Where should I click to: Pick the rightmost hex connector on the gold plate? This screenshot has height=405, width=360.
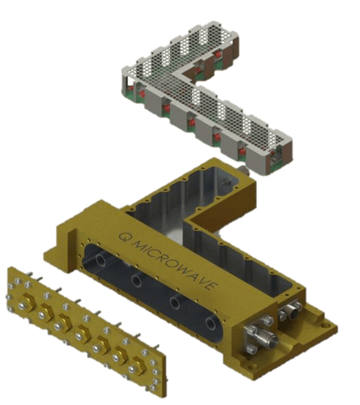pyautogui.click(x=135, y=364)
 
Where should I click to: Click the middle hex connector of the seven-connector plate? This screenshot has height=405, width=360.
pyautogui.click(x=81, y=333)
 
